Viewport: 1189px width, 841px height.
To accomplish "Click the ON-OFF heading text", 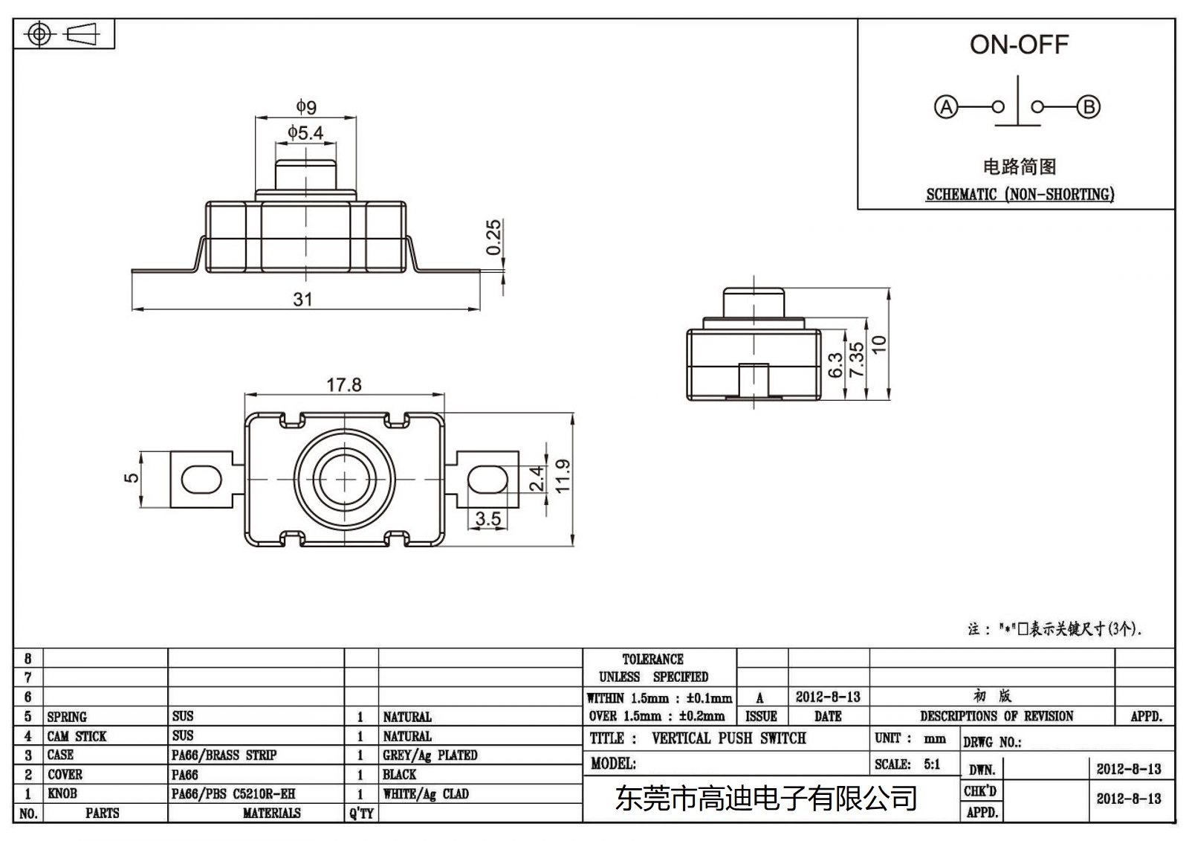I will click(1018, 45).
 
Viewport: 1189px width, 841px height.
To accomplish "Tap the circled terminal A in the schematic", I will click(945, 107).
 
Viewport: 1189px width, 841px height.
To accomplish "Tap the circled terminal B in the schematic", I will click(1089, 107).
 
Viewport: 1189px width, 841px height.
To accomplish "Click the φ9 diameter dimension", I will click(306, 107).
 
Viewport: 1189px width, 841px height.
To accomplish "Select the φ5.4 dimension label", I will click(305, 133).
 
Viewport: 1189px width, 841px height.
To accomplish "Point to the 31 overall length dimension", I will click(302, 299).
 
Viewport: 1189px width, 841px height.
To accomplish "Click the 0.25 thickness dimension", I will click(494, 236).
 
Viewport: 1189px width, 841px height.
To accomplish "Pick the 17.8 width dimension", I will click(343, 384).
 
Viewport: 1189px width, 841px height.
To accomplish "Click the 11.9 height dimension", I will click(563, 476).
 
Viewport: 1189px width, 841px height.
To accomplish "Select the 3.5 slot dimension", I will click(487, 518).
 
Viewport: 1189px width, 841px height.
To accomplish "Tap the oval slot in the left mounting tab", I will click(201, 480).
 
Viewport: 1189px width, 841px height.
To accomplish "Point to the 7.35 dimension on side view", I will click(857, 359).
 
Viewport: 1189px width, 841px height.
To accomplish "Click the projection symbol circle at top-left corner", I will click(39, 34).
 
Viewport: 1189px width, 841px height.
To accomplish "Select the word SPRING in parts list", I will click(67, 717).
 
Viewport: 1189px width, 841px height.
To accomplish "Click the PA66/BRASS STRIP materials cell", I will click(224, 755).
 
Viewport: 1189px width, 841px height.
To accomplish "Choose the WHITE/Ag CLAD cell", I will click(426, 794).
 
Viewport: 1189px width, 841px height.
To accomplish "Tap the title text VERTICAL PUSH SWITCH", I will click(728, 738).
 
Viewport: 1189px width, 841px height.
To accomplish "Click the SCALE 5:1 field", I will click(907, 764).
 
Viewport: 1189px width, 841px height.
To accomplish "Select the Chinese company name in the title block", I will click(765, 799).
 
